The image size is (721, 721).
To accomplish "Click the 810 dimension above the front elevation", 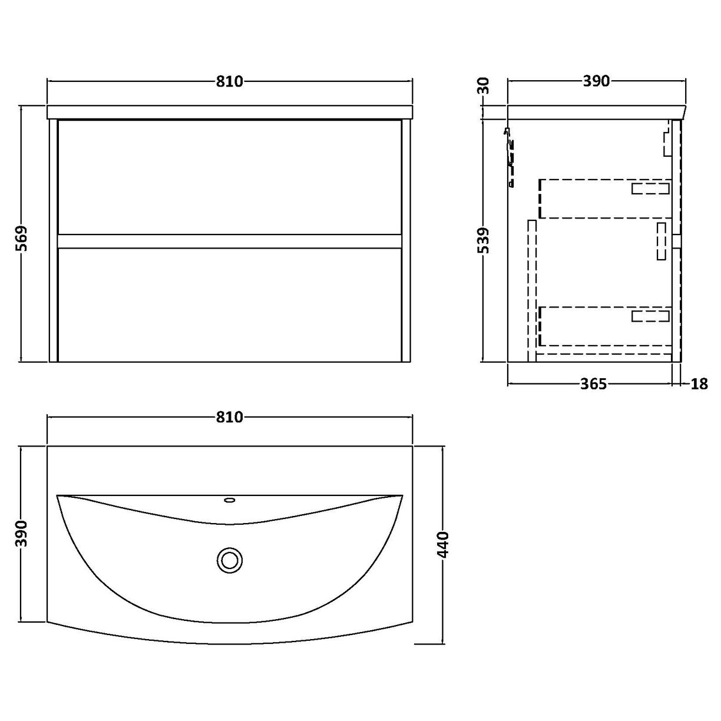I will pyautogui.click(x=229, y=81).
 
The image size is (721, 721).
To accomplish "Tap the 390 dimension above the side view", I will pyautogui.click(x=596, y=81).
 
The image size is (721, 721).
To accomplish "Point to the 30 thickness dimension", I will pyautogui.click(x=484, y=87).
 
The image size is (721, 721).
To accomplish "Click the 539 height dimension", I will pyautogui.click(x=484, y=240).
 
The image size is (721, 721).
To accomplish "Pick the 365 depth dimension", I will pyautogui.click(x=593, y=384).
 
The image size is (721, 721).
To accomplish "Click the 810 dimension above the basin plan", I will pyautogui.click(x=229, y=417).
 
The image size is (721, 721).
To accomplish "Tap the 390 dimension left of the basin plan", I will pyautogui.click(x=22, y=533).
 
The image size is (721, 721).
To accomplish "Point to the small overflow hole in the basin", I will pyautogui.click(x=230, y=501).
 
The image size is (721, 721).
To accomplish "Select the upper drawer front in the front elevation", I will pyautogui.click(x=230, y=177).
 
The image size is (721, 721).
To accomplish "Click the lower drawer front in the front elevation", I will pyautogui.click(x=230, y=305).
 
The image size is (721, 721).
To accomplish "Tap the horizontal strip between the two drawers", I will pyautogui.click(x=230, y=241).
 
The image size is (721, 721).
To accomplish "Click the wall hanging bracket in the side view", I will pyautogui.click(x=510, y=156).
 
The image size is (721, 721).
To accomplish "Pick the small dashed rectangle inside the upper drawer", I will pyautogui.click(x=650, y=188).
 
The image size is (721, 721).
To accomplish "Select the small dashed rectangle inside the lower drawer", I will pyautogui.click(x=650, y=316).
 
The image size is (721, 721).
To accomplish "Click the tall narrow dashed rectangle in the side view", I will pyautogui.click(x=533, y=289).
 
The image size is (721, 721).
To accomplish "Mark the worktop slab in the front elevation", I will pyautogui.click(x=230, y=112).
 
